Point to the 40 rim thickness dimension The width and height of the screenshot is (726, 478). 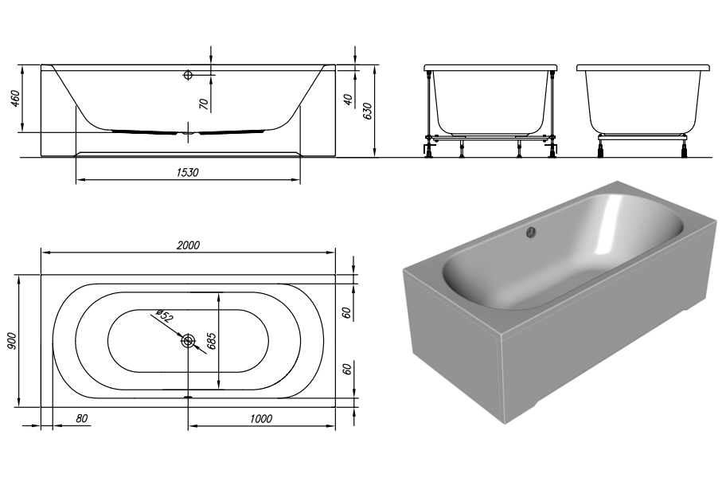pos(347,99)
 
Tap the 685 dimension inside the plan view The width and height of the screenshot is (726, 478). pos(211,341)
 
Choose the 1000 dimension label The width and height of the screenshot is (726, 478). pos(261,418)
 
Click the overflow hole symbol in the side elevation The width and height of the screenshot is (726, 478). pos(188,76)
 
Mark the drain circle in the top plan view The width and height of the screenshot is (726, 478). pos(188,341)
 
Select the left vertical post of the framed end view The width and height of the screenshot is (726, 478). pos(431,108)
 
